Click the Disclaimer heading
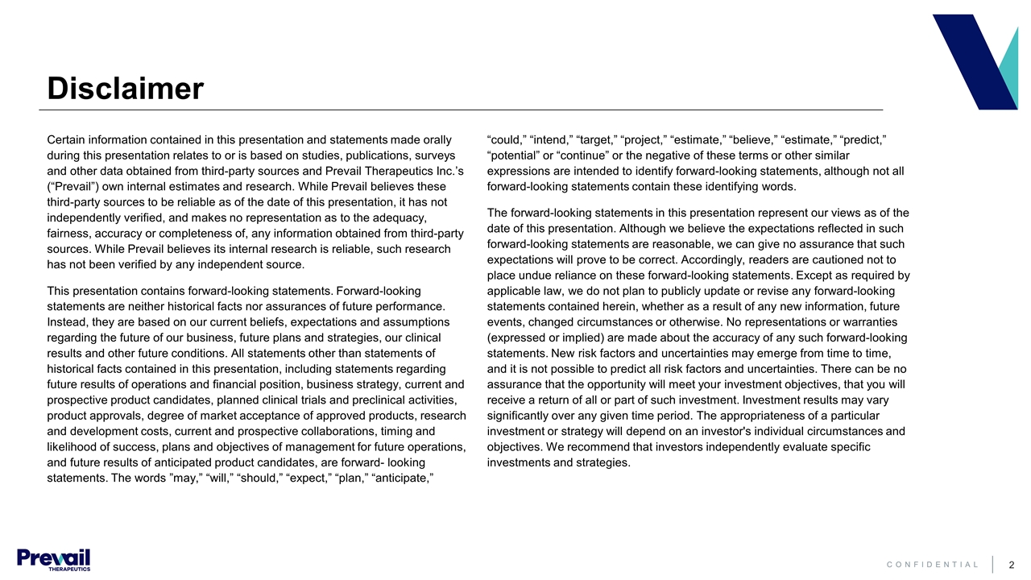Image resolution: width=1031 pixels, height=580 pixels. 125,89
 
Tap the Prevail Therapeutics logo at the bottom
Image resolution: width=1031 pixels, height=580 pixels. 53,559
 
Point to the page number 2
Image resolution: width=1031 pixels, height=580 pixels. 1011,565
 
